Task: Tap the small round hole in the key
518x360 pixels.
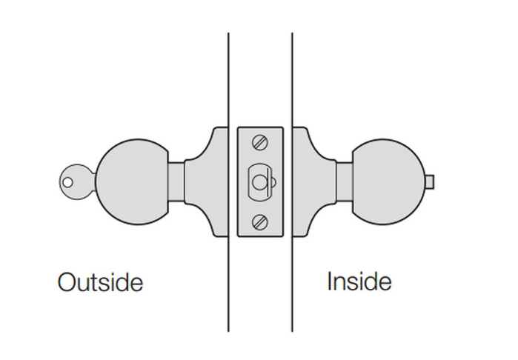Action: (68, 180)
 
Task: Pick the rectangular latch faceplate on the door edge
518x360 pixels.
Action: (260, 181)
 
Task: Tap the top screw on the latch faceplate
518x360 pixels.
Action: (259, 141)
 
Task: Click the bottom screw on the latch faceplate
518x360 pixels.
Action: (259, 221)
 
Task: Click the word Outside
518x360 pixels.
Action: (100, 281)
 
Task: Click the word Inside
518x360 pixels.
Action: (359, 281)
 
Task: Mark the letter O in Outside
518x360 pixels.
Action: (67, 281)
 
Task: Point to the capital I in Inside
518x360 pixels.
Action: (330, 281)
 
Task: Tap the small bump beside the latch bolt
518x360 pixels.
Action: (273, 181)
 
